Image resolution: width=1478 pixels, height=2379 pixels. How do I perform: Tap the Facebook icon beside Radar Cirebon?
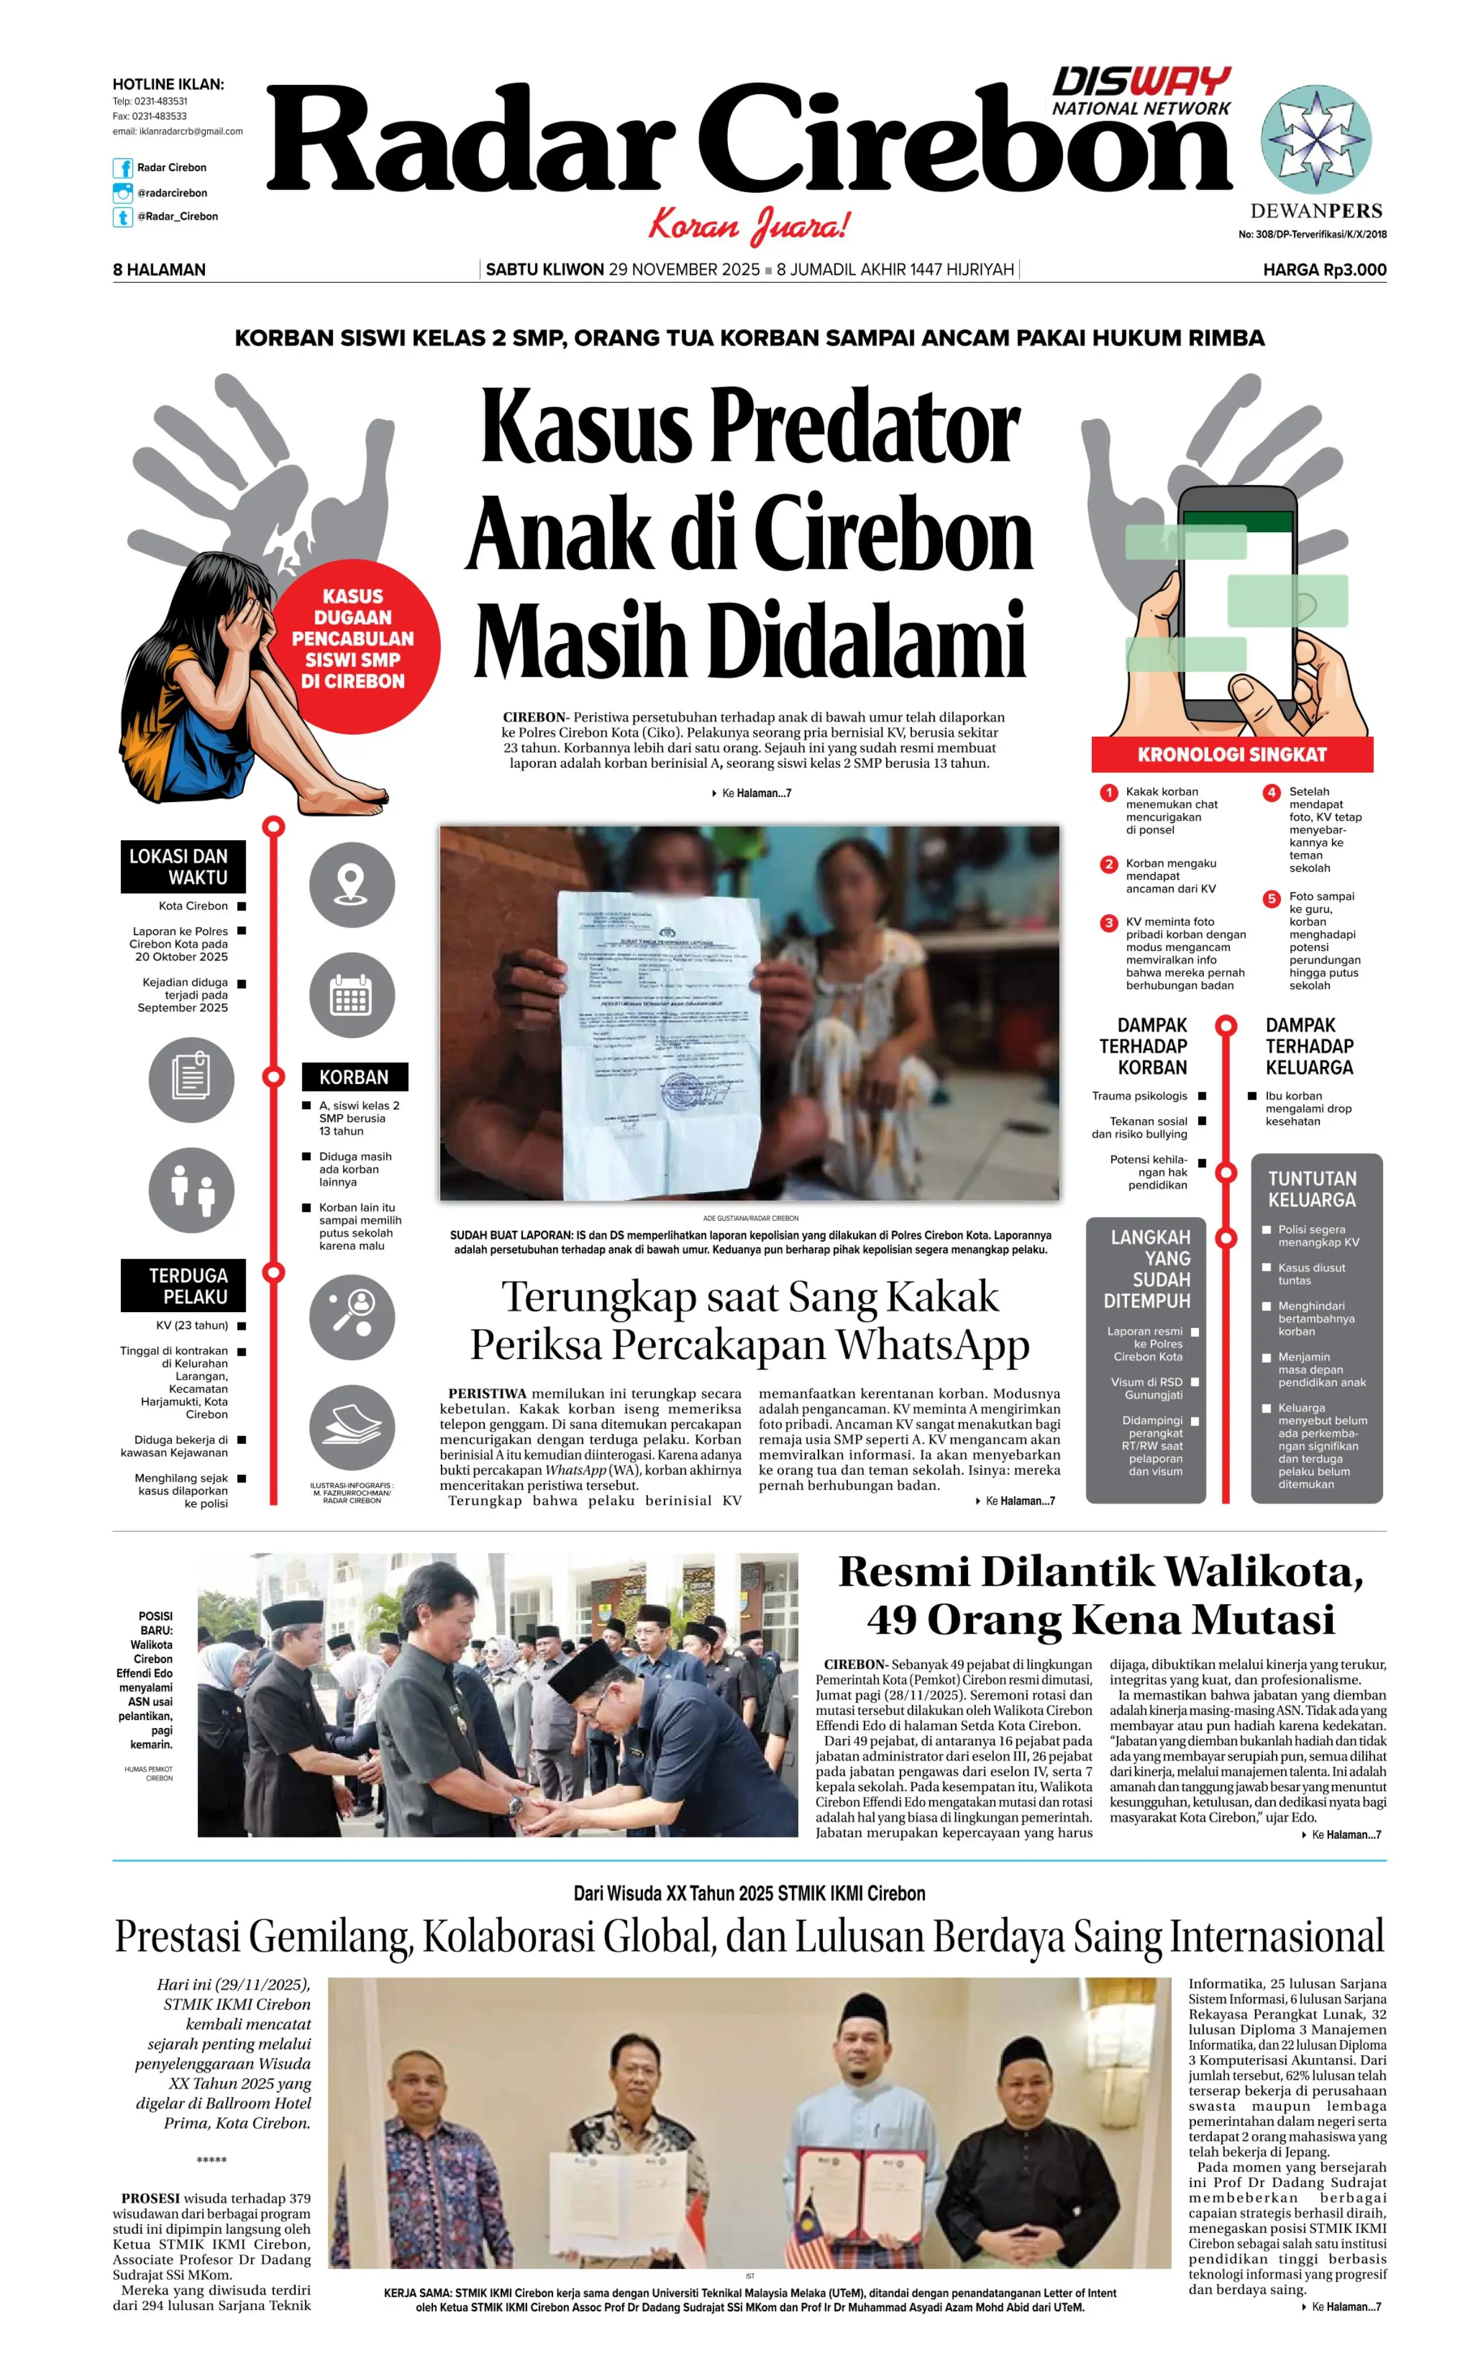(x=122, y=168)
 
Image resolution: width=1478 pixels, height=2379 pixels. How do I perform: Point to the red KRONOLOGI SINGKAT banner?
(x=1232, y=754)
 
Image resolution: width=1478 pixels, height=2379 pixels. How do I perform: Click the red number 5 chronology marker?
(x=1270, y=899)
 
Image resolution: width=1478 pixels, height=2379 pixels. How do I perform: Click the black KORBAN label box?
(x=354, y=1077)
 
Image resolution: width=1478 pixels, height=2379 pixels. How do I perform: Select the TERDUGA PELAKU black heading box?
(x=184, y=1286)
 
